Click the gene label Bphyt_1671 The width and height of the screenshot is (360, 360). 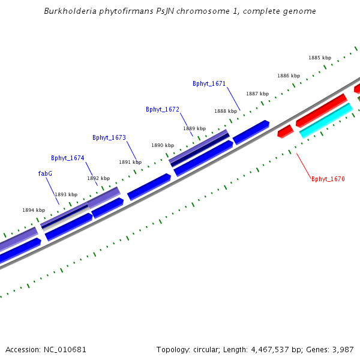pos(209,83)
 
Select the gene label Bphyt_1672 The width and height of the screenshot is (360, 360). pos(162,109)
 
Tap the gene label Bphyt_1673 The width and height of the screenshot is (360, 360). pos(109,137)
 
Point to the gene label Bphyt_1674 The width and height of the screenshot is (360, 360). pos(67,158)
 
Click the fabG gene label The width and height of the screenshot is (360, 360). pos(45,173)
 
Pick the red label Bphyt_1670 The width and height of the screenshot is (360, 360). pos(328,179)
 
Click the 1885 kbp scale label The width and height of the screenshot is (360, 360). pos(320,58)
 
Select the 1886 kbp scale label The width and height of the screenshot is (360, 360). pos(289,76)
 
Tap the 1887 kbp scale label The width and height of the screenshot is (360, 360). pos(257,94)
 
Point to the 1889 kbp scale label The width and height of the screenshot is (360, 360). pos(194,128)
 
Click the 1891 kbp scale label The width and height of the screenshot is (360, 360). pos(130,162)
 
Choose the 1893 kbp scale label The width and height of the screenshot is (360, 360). pos(66,194)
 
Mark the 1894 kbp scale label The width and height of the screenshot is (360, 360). pos(34,210)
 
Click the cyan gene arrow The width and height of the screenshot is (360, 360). pos(326,120)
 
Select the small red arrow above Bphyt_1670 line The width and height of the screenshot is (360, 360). pos(285,131)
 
